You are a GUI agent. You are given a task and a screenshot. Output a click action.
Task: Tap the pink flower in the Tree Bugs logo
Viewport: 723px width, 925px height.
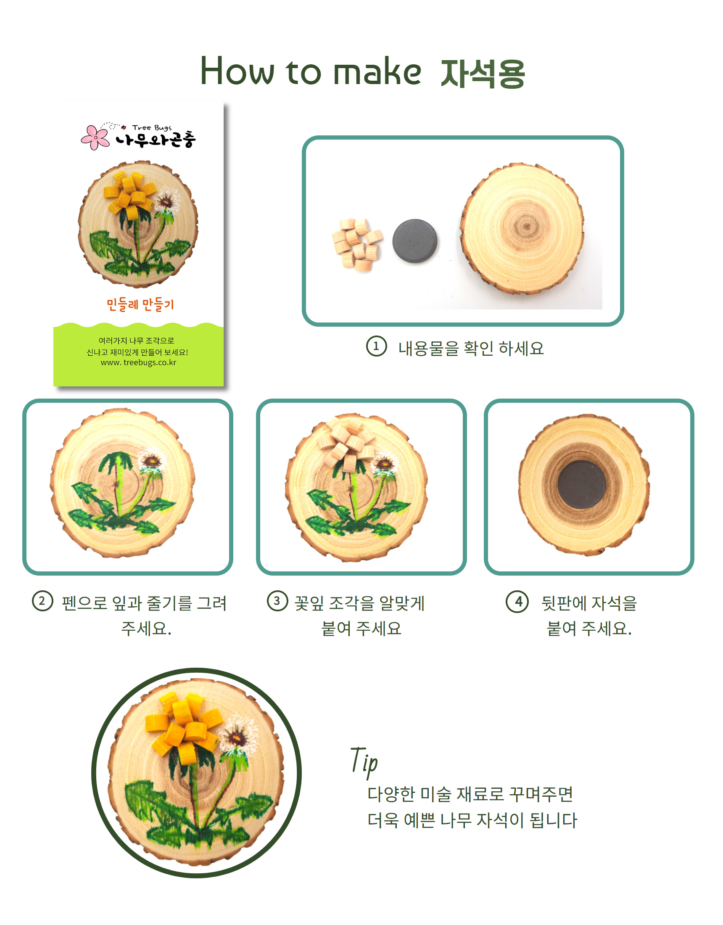click(95, 137)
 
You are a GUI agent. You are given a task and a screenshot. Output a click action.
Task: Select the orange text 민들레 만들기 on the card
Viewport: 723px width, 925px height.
click(140, 304)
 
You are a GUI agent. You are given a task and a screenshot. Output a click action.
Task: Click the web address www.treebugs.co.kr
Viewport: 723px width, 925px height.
click(138, 362)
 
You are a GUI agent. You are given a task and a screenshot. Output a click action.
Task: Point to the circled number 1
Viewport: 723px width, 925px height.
click(376, 346)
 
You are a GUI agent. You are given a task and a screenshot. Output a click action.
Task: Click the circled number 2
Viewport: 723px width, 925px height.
click(42, 601)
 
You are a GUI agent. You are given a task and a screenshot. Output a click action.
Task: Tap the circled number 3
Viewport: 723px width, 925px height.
click(277, 601)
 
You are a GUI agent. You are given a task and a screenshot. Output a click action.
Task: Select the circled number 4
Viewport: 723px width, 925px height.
click(517, 601)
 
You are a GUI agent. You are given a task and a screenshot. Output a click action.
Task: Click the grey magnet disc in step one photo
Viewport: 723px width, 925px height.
click(414, 240)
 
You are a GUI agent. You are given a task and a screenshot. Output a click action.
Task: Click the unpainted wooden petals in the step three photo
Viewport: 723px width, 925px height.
click(348, 443)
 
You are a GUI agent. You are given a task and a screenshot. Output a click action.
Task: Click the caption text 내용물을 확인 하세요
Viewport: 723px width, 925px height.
click(471, 348)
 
